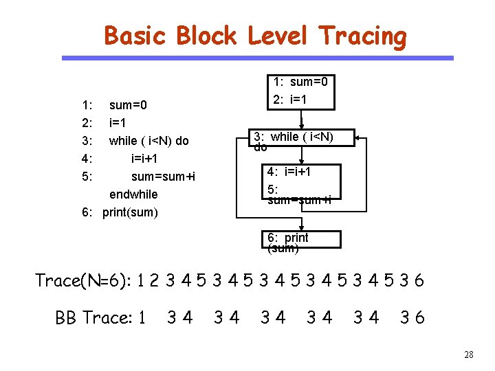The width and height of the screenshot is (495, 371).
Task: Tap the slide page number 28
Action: (469, 355)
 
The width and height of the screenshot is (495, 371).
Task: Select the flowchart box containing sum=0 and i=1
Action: (300, 92)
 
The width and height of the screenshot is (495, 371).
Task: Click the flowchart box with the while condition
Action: (302, 137)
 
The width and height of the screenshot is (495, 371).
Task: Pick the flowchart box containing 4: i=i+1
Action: (303, 184)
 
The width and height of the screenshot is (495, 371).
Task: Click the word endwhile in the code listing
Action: (133, 194)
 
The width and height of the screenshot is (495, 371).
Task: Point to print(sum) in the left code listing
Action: (130, 212)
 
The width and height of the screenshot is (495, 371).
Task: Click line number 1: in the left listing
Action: (87, 106)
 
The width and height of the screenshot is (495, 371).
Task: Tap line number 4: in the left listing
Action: (87, 159)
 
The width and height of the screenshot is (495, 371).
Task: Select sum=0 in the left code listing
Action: (129, 106)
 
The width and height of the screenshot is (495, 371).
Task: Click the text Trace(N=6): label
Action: (83, 281)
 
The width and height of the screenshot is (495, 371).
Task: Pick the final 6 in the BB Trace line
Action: (420, 317)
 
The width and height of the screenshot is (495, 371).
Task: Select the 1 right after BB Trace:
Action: (142, 317)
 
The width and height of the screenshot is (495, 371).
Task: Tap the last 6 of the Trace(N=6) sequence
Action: (419, 281)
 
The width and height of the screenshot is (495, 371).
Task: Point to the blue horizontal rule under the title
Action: (258, 58)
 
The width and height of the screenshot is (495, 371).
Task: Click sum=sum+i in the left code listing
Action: (163, 177)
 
